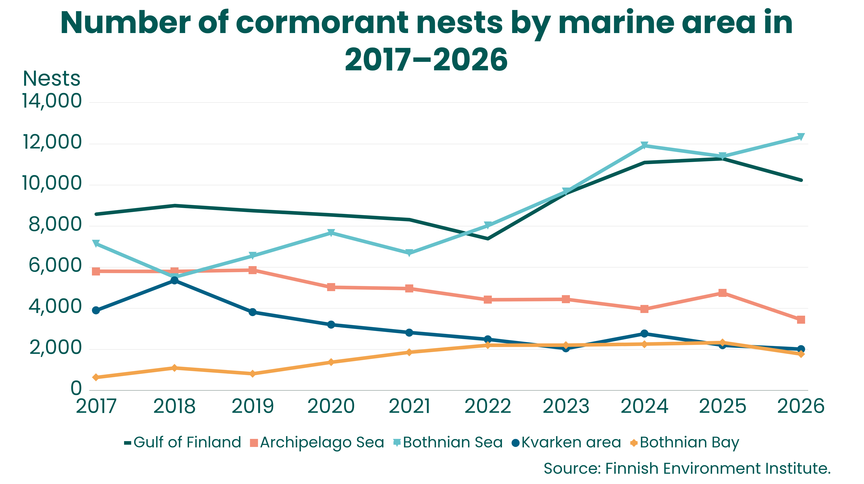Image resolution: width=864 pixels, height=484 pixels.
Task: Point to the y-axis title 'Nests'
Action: click(x=52, y=79)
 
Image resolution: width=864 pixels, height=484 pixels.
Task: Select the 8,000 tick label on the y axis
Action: click(x=55, y=224)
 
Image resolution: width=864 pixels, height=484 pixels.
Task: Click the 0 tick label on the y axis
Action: click(x=76, y=388)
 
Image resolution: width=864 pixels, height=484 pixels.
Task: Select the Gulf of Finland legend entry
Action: click(x=183, y=442)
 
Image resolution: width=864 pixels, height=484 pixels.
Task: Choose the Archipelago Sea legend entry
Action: click(x=317, y=443)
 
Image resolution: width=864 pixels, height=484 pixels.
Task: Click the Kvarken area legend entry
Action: click(x=567, y=442)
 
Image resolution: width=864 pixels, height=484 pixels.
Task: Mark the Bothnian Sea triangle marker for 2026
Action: click(x=801, y=137)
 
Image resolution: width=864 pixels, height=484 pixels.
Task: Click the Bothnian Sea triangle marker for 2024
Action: click(x=644, y=145)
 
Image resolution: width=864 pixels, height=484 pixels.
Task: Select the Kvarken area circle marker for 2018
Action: click(x=174, y=280)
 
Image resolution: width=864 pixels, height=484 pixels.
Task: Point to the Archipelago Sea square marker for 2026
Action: click(x=801, y=319)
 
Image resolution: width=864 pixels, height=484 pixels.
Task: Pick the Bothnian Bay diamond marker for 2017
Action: click(x=96, y=377)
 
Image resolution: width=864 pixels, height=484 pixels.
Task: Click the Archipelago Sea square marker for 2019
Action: click(x=253, y=270)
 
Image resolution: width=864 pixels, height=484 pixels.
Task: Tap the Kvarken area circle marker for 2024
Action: click(x=644, y=334)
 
